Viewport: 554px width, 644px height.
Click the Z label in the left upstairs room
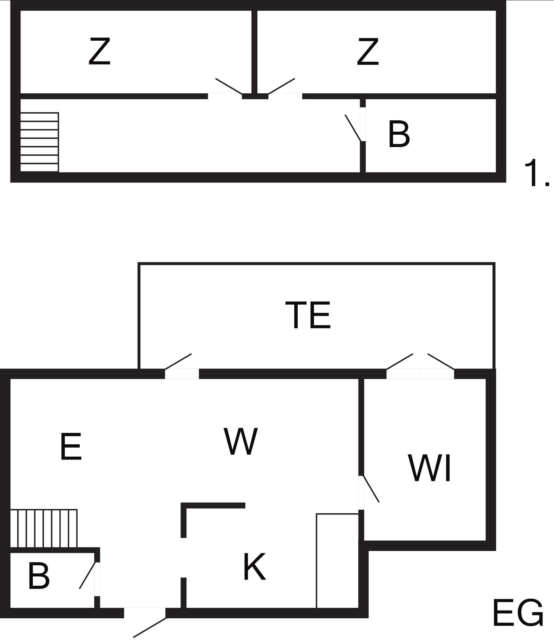100,51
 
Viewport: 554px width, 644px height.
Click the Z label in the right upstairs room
368,51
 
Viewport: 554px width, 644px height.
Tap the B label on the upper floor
399,134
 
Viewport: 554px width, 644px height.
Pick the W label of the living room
241,441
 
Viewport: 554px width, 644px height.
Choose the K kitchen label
255,567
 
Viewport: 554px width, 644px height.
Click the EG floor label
518,613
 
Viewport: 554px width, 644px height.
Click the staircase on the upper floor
39,142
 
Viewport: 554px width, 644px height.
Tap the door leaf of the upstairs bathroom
353,128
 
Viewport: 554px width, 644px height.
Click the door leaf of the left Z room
229,87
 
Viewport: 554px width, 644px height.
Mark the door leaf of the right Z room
281,86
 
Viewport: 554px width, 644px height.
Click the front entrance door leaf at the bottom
150,627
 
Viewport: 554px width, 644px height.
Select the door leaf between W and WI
371,489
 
